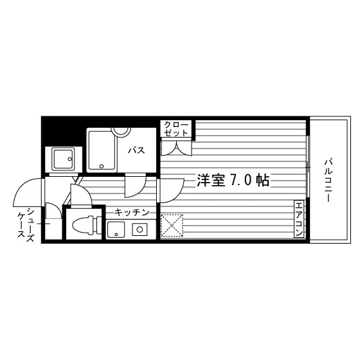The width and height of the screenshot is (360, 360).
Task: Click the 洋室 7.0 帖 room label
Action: tap(233, 180)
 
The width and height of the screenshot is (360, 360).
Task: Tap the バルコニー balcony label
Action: tap(328, 180)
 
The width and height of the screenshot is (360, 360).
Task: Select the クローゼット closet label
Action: tap(176, 129)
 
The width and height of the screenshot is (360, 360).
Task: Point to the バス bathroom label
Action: tap(136, 150)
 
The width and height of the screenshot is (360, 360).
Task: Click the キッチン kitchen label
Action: tap(132, 212)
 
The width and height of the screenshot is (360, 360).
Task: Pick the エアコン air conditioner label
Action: tap(299, 219)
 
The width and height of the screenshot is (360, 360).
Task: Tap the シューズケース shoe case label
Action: tap(26, 225)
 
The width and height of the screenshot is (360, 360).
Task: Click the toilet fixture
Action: tap(87, 225)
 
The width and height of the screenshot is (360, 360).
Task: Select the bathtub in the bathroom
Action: tap(102, 150)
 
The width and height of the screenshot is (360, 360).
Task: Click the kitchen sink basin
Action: tap(116, 230)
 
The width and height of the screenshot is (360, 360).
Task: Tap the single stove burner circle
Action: tap(139, 230)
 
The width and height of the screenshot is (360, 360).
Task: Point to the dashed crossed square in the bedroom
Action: tap(172, 226)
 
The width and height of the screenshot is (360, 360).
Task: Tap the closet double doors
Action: tap(176, 148)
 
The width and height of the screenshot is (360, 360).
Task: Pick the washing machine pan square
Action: tap(63, 159)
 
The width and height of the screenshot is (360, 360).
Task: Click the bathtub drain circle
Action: tap(102, 166)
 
